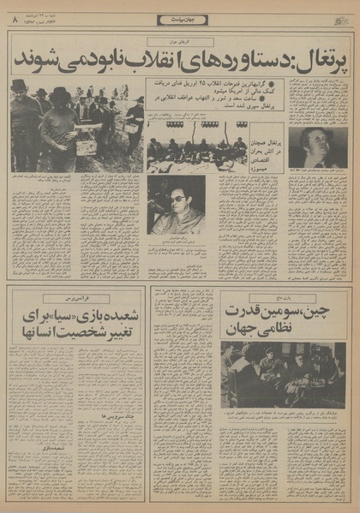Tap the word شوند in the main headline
(x=36, y=62)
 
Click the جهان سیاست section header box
(x=180, y=20)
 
